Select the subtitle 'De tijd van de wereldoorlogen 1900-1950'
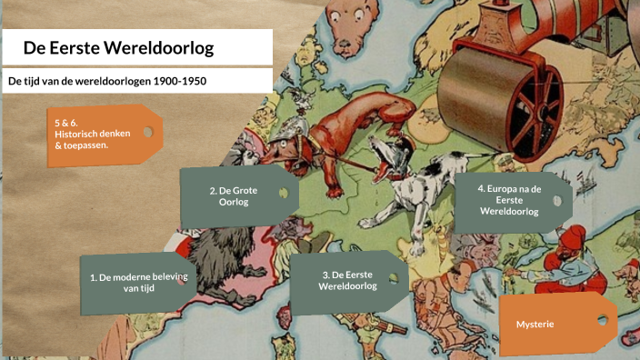point(107,81)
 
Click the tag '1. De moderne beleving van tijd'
point(132,281)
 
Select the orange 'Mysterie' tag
point(541,325)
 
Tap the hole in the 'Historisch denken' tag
point(147,132)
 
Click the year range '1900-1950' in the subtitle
point(181,81)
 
